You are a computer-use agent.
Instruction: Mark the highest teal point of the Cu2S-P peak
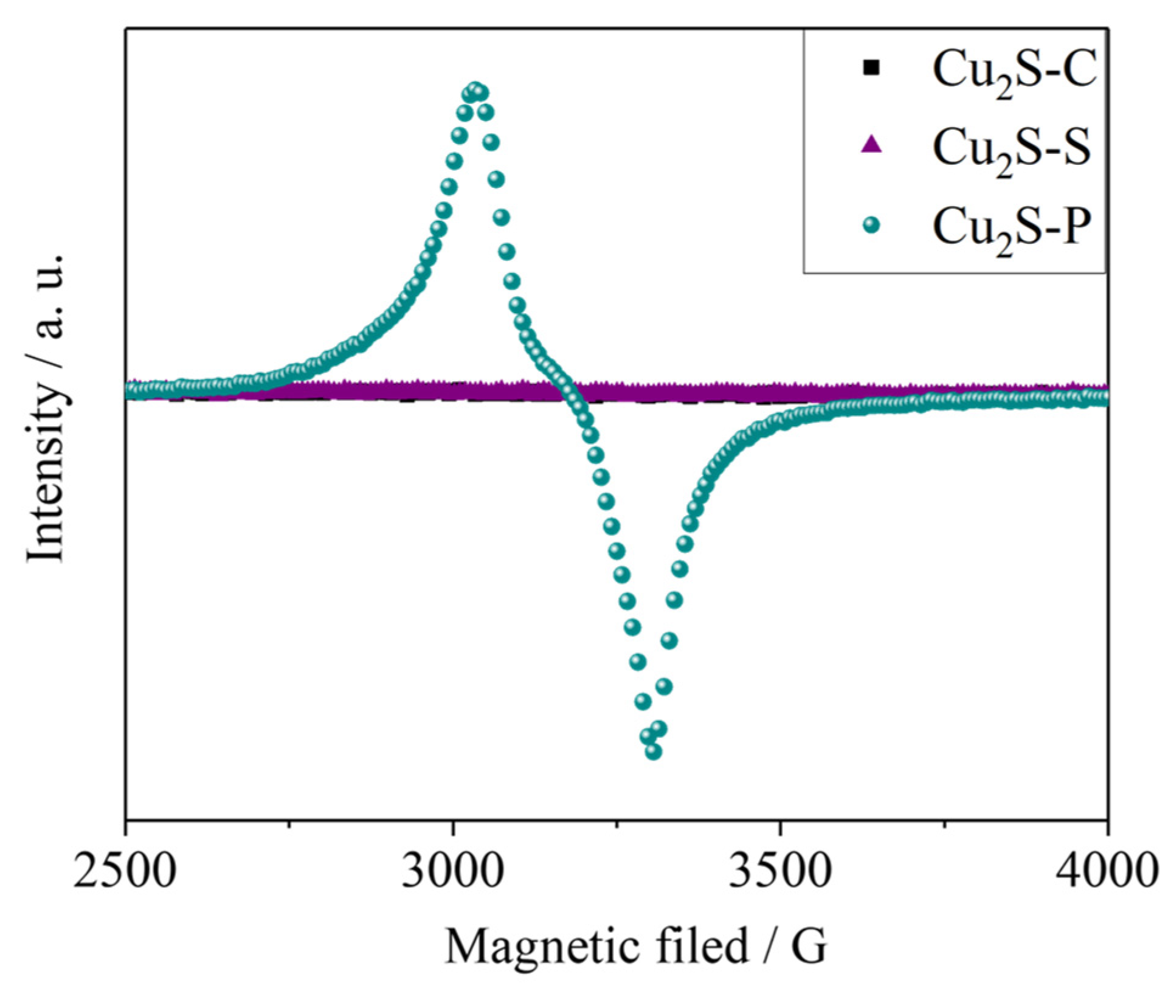pyautogui.click(x=475, y=89)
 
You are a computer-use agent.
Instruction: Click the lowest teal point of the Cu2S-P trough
pyautogui.click(x=654, y=752)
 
